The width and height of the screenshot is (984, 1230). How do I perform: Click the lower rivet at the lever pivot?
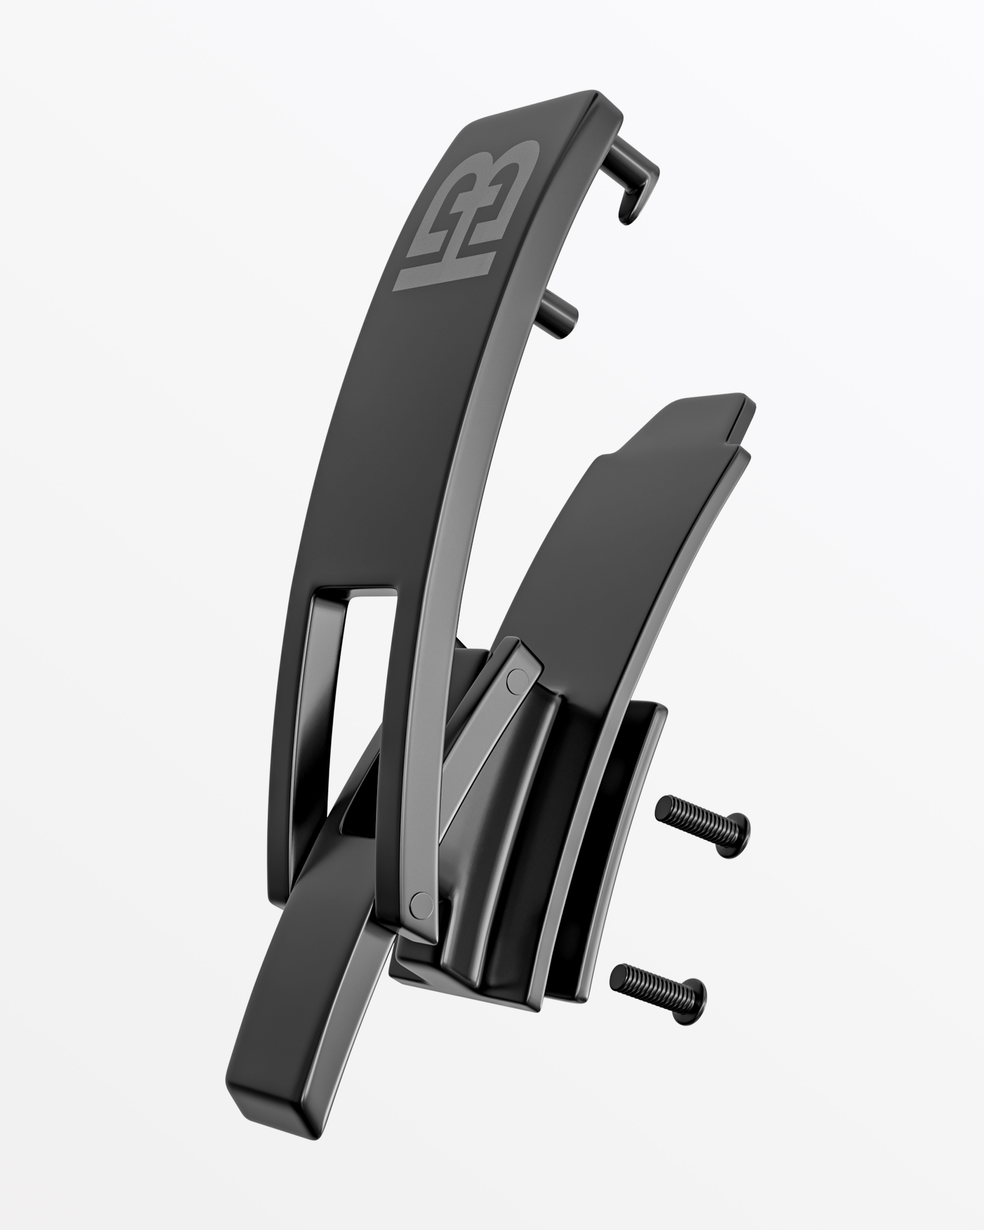pyautogui.click(x=422, y=901)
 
